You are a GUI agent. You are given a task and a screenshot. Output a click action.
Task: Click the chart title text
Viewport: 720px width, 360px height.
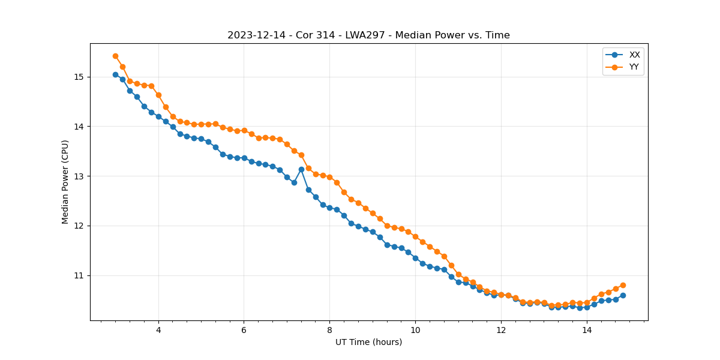coord(368,35)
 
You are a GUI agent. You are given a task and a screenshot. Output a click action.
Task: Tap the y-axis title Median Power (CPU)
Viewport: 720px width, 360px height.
coord(65,182)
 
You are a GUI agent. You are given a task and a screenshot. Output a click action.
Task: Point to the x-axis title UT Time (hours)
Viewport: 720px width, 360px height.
coord(368,342)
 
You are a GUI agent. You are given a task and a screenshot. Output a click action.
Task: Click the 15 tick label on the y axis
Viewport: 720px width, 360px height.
coord(79,77)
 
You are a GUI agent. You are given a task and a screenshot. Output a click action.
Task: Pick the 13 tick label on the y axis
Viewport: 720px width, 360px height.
coord(79,176)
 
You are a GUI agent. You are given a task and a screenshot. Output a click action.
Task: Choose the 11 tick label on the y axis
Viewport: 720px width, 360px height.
coord(79,275)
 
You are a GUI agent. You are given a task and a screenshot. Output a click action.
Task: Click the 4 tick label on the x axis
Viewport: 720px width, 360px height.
coord(158,329)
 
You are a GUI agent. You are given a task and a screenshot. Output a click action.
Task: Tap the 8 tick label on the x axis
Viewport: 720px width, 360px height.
coord(329,329)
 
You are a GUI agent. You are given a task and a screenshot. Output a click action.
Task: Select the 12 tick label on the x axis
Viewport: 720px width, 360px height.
coord(501,329)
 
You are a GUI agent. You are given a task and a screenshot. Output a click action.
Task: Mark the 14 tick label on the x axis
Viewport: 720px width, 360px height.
coord(587,329)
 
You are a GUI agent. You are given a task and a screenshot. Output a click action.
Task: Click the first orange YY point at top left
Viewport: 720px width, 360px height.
coord(115,56)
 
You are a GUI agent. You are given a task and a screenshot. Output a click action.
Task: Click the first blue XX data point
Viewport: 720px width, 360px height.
coord(115,74)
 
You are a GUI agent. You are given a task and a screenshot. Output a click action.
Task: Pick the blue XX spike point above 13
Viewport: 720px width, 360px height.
coord(301,169)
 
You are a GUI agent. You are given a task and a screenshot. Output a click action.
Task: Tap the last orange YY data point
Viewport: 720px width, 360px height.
coord(623,285)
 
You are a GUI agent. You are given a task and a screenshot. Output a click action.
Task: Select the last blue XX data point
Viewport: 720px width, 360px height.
coord(623,295)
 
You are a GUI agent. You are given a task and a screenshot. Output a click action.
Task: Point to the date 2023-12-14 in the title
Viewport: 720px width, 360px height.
coord(254,35)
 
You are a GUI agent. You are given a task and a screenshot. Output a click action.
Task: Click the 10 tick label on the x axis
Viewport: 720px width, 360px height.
coord(415,329)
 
